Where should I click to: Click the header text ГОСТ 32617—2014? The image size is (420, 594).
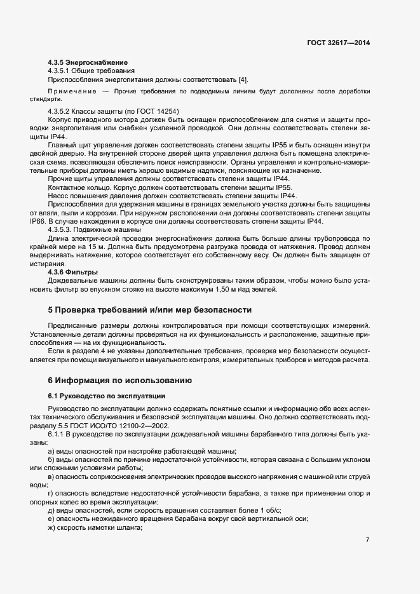point(337,43)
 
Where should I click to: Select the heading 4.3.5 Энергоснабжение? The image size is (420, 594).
point(88,62)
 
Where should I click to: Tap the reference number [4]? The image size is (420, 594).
point(243,79)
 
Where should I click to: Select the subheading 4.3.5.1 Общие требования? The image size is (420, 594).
point(90,71)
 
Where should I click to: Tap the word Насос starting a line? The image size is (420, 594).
point(60,196)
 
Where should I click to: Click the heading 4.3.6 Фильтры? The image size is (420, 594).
point(73,273)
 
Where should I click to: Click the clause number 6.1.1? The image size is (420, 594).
point(58,433)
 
